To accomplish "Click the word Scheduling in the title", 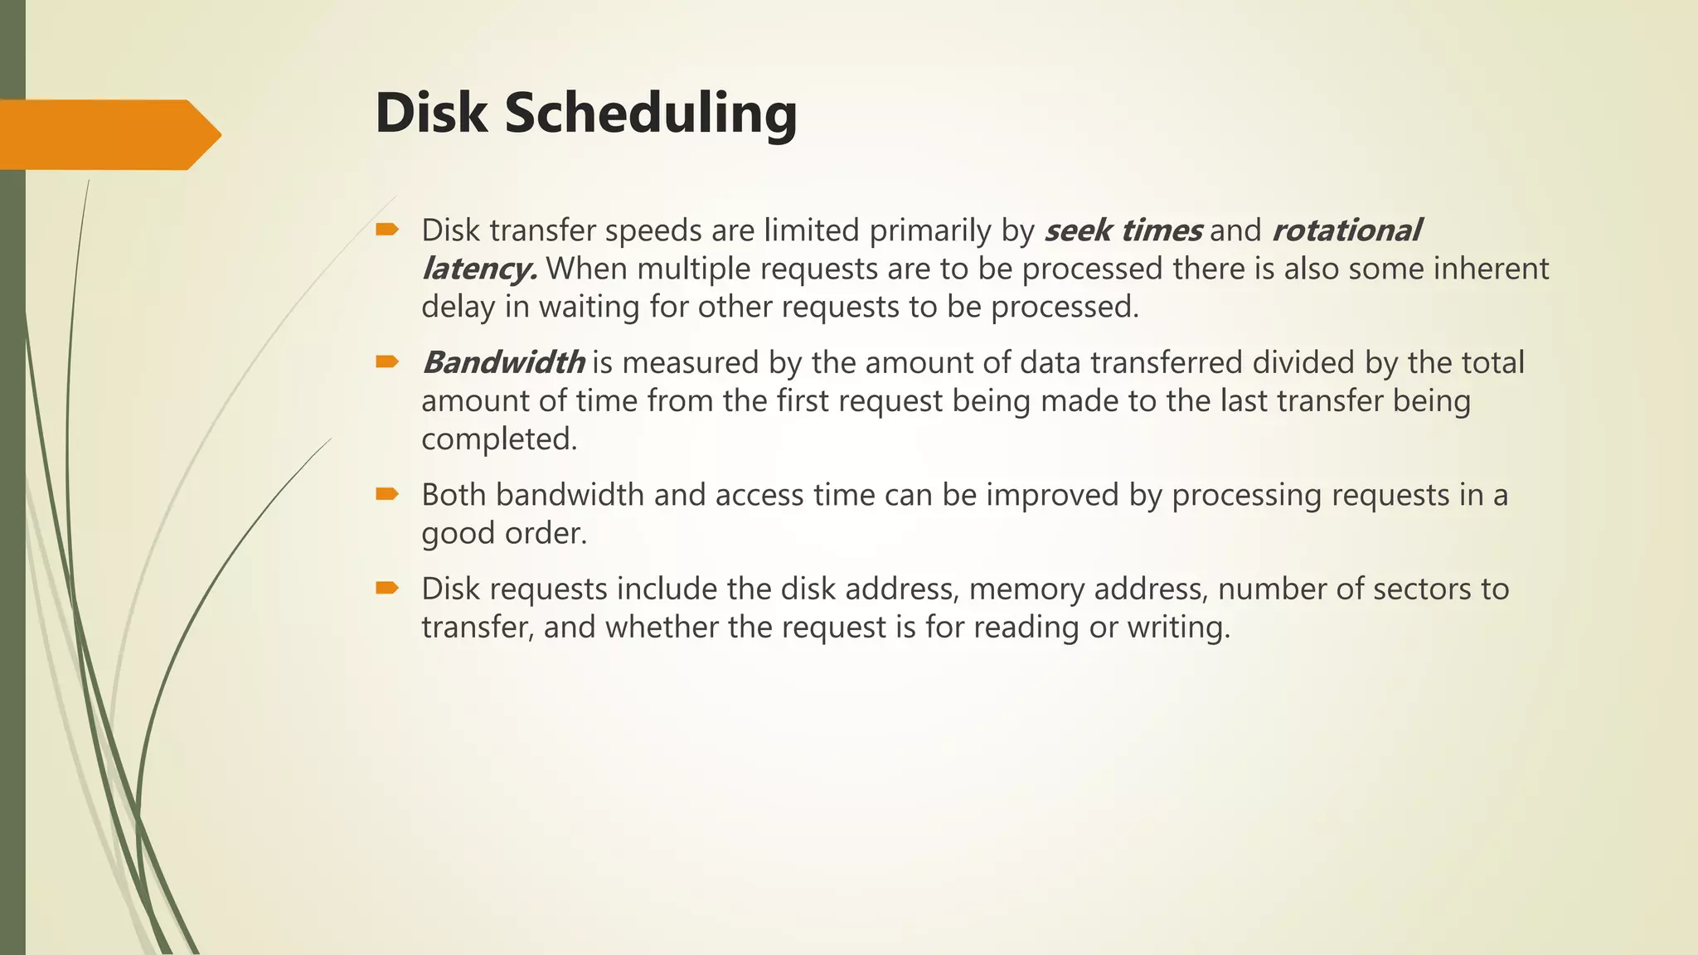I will click(x=650, y=114).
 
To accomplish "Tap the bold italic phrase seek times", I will click(x=1123, y=230).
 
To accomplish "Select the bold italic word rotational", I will click(x=1346, y=230).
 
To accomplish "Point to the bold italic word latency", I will click(x=478, y=269).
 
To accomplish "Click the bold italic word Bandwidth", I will click(x=503, y=362).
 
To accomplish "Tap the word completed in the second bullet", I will click(x=498, y=439).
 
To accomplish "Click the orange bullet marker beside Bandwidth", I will click(x=387, y=361).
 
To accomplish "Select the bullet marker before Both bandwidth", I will click(x=387, y=494).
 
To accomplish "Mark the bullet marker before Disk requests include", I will click(x=387, y=589).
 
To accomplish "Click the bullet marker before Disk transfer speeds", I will click(x=387, y=230).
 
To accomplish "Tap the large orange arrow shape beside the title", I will click(x=108, y=134).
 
